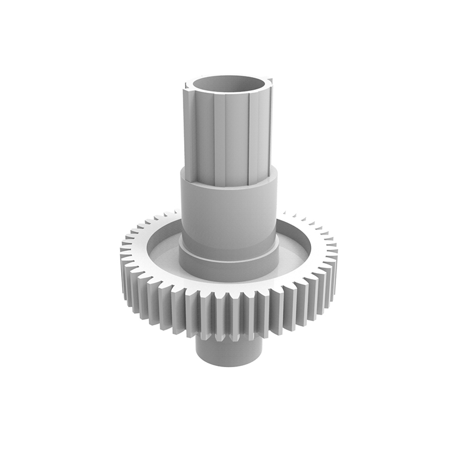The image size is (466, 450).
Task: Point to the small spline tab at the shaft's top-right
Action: click(x=271, y=79)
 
